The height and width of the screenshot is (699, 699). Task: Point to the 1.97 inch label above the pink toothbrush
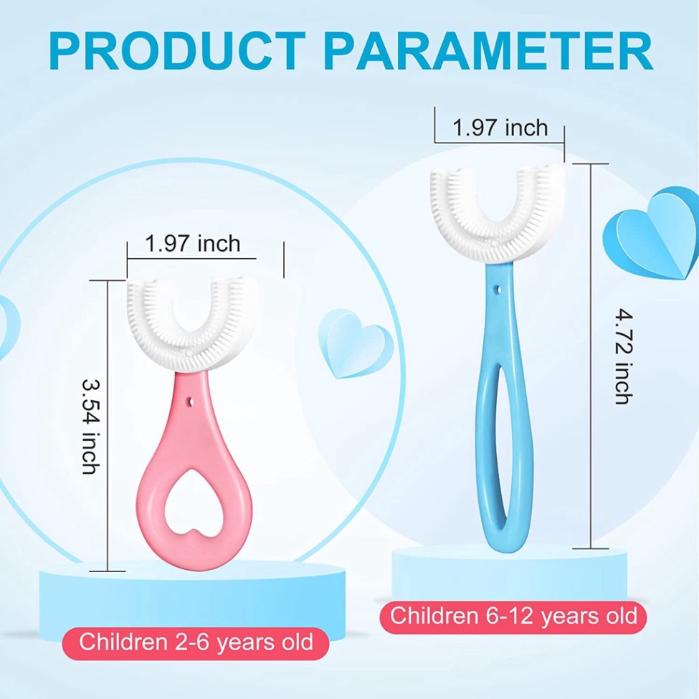tap(193, 244)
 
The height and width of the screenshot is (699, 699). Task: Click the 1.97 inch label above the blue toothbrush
tap(500, 128)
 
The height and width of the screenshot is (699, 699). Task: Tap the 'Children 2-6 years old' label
tap(196, 641)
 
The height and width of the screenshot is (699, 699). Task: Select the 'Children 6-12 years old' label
tap(513, 615)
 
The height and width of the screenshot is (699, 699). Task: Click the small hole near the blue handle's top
tap(496, 290)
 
